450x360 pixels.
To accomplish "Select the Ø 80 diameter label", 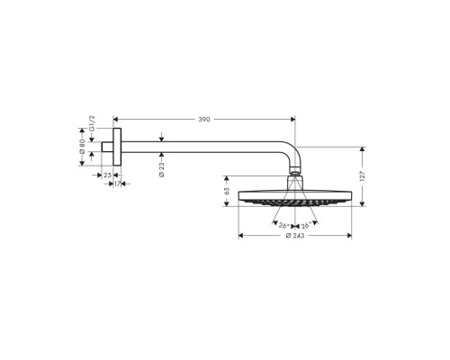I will (83, 148).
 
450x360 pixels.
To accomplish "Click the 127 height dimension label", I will (364, 178).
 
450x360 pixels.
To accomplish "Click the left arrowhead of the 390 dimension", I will (121, 119).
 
